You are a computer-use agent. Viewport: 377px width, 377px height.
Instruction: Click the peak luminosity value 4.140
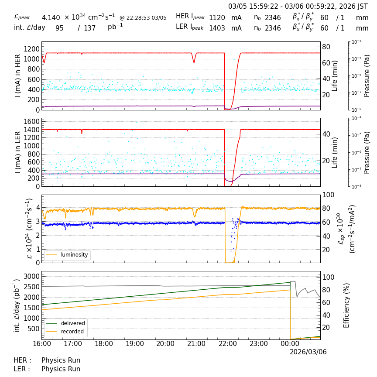(51, 17)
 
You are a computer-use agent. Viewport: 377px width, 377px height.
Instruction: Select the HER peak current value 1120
(217, 17)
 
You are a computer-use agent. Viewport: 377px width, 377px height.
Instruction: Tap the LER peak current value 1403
(217, 28)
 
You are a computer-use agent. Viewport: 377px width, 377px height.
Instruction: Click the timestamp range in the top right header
(298, 7)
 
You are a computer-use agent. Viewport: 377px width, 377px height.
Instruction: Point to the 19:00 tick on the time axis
(134, 344)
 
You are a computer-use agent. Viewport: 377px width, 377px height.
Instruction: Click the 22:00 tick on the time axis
(228, 344)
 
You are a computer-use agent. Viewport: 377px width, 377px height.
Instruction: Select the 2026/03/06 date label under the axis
(308, 352)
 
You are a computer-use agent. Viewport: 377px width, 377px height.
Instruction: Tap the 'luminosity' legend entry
(74, 255)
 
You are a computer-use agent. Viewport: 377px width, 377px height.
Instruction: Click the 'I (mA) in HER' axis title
(18, 76)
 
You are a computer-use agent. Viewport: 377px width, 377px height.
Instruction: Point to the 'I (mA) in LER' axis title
(18, 152)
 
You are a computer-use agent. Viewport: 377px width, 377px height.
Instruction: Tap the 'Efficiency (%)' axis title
(347, 305)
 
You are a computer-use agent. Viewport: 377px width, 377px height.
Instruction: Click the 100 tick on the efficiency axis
(328, 277)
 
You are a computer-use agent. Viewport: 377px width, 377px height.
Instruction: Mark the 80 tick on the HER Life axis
(326, 47)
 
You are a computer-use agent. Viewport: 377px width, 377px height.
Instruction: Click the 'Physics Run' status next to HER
(61, 360)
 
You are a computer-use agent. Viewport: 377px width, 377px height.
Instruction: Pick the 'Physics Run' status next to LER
(61, 369)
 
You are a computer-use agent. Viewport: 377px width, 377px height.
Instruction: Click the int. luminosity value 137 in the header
(89, 28)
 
